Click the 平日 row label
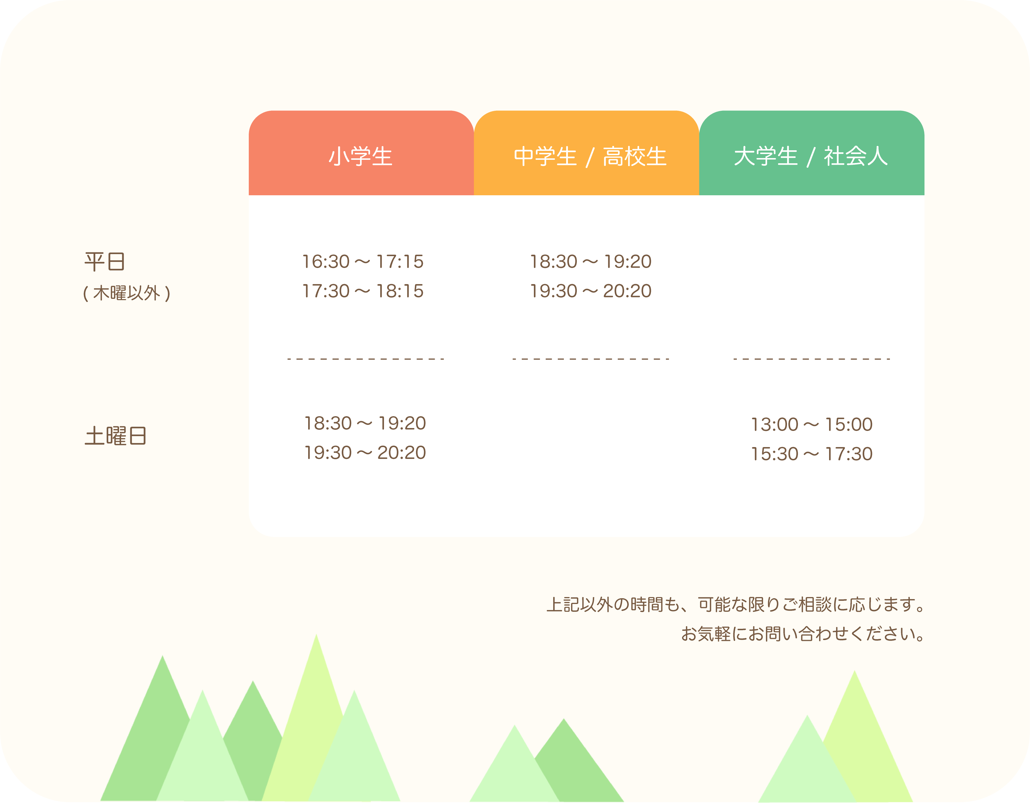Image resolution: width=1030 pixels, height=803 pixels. pos(105,261)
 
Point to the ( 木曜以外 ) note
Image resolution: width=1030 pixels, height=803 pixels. pos(126,293)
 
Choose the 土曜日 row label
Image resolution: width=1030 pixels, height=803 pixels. pos(116,436)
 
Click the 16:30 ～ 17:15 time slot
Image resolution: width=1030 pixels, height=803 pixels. pos(363,261)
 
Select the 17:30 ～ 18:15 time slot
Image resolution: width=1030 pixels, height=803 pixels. pos(363,291)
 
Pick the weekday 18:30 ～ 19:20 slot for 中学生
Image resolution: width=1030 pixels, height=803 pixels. pos(590,261)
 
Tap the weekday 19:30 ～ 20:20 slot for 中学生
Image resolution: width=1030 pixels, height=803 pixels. pos(590,291)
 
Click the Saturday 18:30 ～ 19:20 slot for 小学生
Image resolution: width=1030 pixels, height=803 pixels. pos(365,423)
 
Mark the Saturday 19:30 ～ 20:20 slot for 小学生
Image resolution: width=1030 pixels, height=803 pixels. pos(365,453)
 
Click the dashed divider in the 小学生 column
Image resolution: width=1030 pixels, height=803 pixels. pos(366,359)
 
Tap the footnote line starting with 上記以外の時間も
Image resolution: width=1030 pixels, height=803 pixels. pos(736,604)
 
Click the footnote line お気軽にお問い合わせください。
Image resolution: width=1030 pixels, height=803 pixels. pos(803,634)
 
